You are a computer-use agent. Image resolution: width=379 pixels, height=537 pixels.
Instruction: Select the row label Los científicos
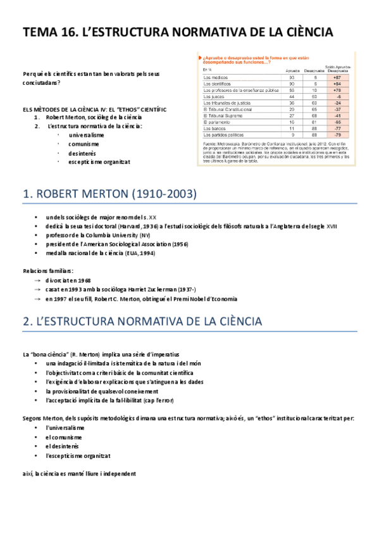pos(217,84)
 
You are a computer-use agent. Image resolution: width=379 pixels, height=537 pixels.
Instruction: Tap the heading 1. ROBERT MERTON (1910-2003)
pos(109,193)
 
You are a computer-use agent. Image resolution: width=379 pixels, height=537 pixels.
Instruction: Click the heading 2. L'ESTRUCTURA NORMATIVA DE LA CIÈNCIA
pos(142,322)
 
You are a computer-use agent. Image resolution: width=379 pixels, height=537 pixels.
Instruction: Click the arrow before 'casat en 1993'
pos(38,289)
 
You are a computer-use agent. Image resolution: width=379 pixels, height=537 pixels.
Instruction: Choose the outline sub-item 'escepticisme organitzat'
pos(99,161)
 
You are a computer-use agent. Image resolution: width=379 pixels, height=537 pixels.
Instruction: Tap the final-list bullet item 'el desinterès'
pos(66,446)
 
